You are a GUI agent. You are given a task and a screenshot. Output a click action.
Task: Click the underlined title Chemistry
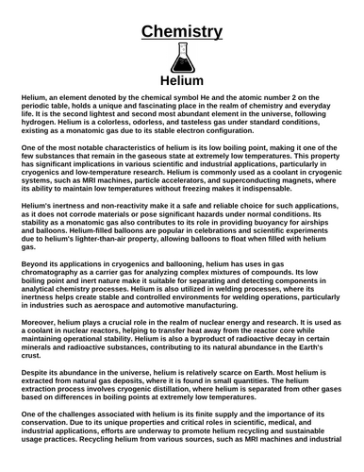[x=182, y=30]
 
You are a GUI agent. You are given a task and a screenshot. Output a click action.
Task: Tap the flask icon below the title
[x=182, y=59]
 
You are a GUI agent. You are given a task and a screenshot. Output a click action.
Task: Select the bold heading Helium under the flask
[x=182, y=81]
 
